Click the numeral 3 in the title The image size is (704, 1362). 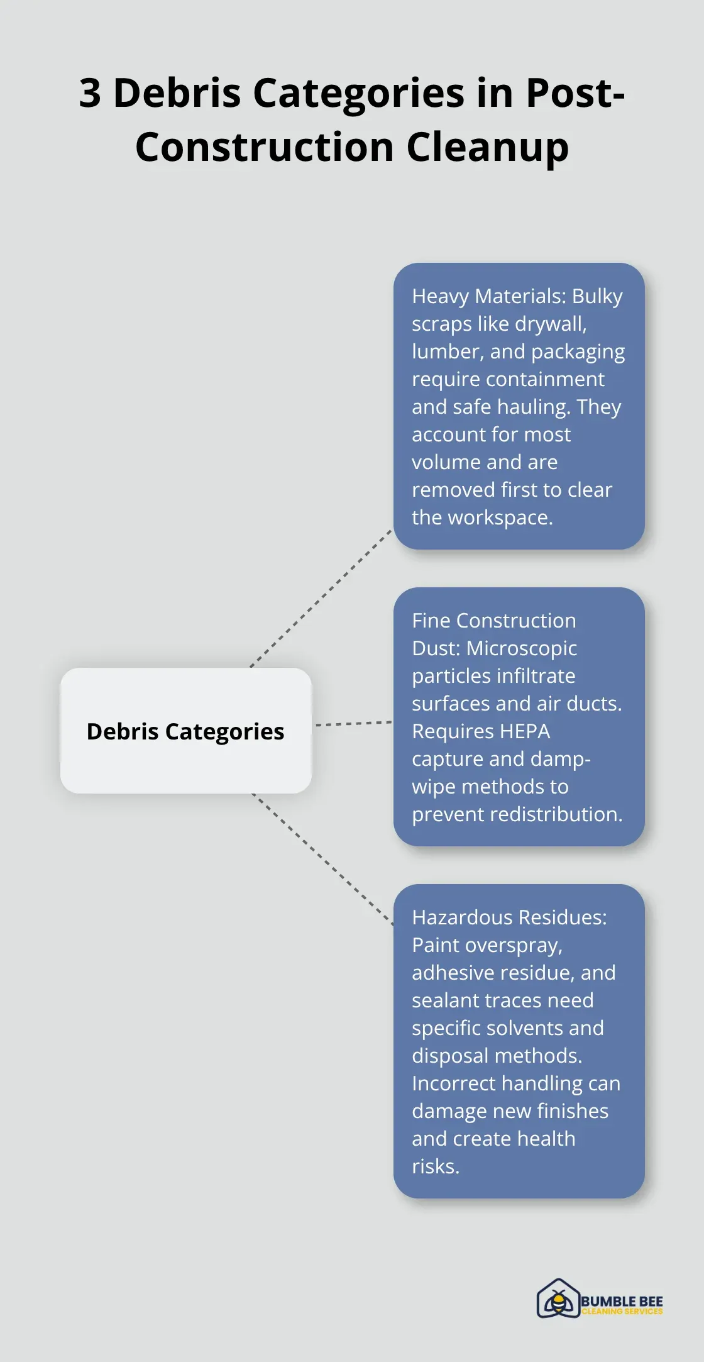tap(90, 93)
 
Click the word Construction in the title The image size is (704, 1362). tap(265, 147)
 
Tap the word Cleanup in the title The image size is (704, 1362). tap(488, 147)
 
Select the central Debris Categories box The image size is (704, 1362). tap(185, 731)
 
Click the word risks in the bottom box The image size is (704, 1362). tap(435, 1166)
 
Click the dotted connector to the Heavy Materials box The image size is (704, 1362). tap(321, 599)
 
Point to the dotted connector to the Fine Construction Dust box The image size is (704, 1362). tap(353, 724)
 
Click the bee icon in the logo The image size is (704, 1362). tap(558, 1299)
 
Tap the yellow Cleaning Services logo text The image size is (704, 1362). tap(622, 1311)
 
